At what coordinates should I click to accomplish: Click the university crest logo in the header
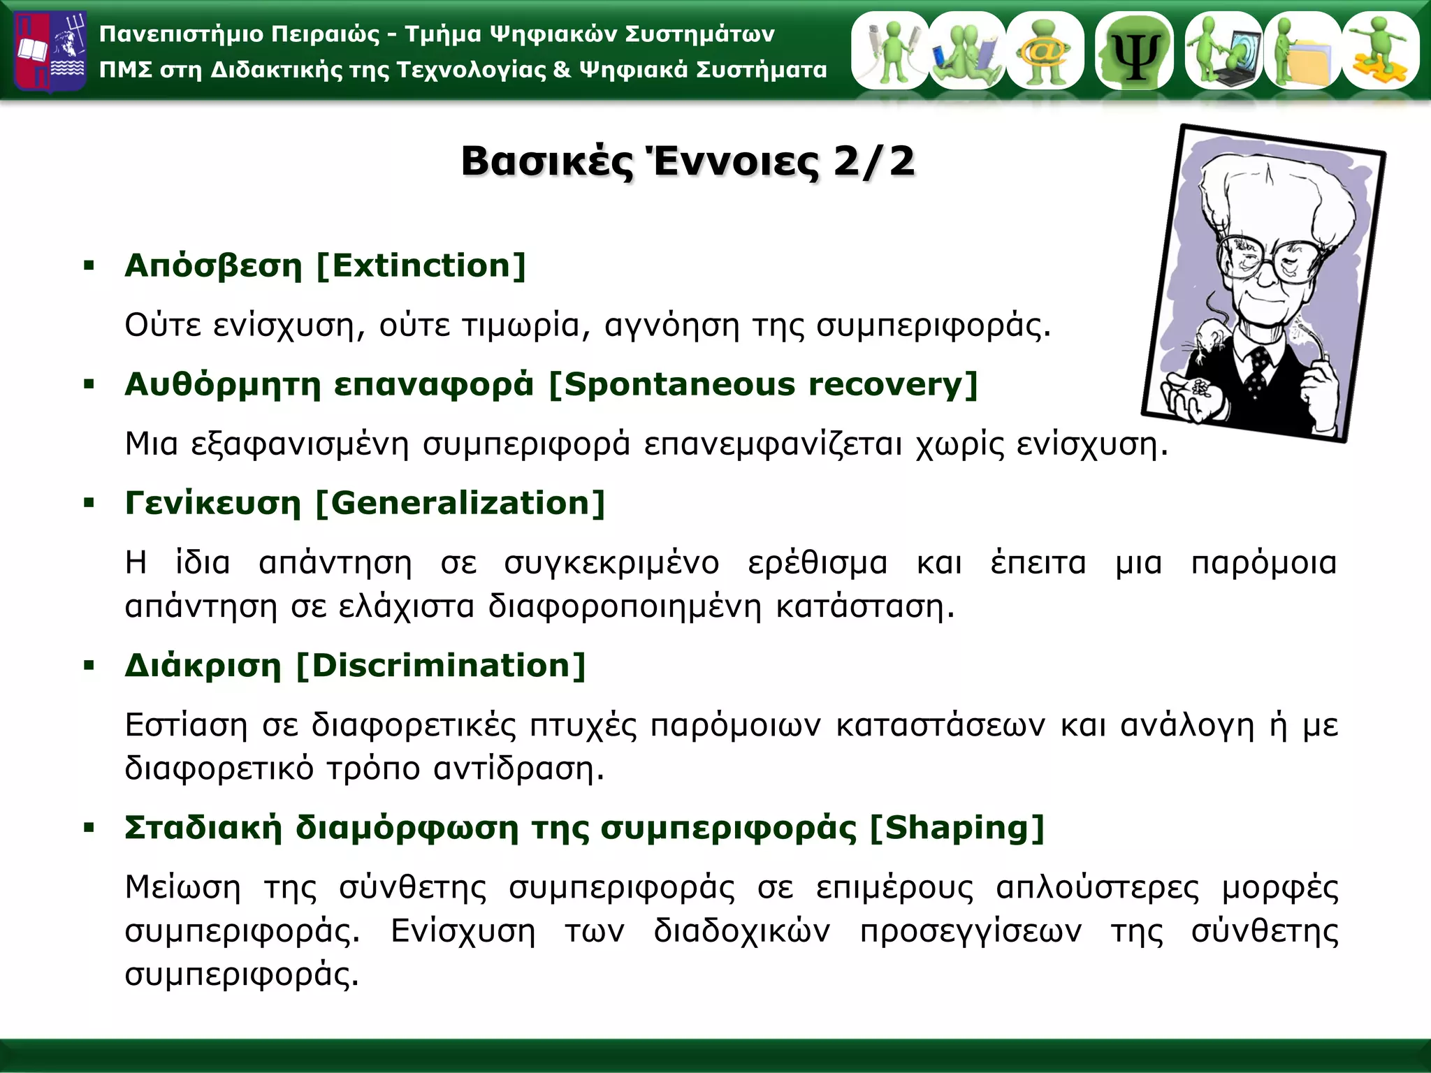click(50, 51)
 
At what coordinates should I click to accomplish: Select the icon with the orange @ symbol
click(1045, 51)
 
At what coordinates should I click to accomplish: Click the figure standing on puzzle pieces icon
click(1379, 51)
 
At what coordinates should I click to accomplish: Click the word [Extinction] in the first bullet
click(421, 266)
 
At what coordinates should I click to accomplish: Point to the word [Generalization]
click(460, 504)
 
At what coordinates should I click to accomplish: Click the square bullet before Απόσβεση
click(89, 266)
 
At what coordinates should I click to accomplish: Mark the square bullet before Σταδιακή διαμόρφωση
click(89, 829)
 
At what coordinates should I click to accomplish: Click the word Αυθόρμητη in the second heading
click(222, 385)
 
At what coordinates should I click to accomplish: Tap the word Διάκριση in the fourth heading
click(203, 666)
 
